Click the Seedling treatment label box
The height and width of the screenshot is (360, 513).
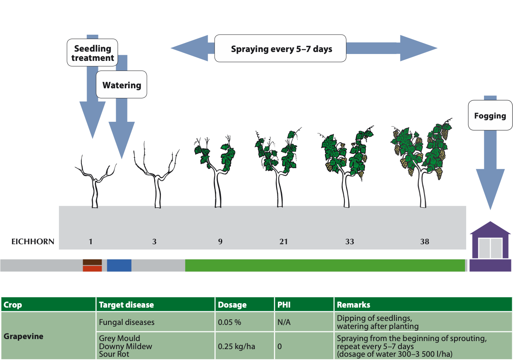pyautogui.click(x=92, y=53)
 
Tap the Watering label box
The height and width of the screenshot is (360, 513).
pyautogui.click(x=121, y=85)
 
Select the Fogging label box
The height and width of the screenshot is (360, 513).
pyautogui.click(x=490, y=116)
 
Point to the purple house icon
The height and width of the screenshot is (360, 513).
pyautogui.click(x=490, y=247)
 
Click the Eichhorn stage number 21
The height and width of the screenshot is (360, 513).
pyautogui.click(x=284, y=241)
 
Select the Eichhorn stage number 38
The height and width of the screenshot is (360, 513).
pyautogui.click(x=424, y=241)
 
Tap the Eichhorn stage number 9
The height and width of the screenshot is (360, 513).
pyautogui.click(x=220, y=241)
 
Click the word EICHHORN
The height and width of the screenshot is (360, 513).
pyautogui.click(x=33, y=242)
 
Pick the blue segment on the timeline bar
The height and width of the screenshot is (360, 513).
pyautogui.click(x=119, y=265)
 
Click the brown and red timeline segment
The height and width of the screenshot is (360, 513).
pyautogui.click(x=92, y=265)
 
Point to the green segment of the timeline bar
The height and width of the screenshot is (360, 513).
pyautogui.click(x=325, y=265)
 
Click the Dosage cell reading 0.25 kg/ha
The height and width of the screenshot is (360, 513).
pyautogui.click(x=244, y=346)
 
